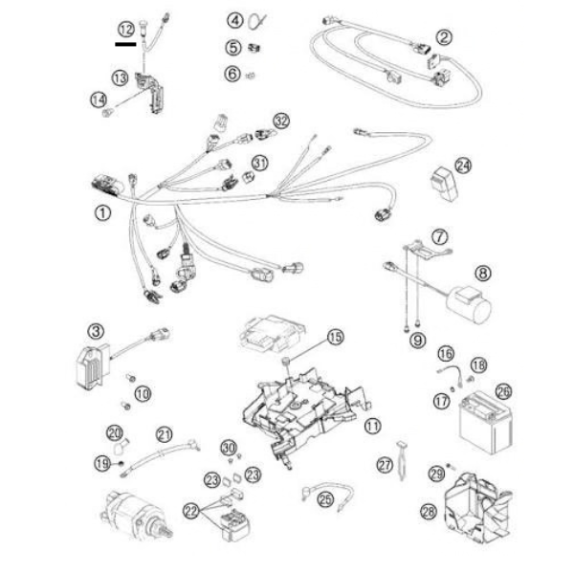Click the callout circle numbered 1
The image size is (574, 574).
click(103, 212)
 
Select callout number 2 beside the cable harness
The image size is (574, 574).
click(444, 37)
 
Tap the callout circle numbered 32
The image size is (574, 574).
click(281, 121)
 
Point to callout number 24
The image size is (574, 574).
click(463, 166)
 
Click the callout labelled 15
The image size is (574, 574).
click(336, 337)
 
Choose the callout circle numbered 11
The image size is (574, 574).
click(373, 426)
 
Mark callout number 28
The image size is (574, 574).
click(429, 512)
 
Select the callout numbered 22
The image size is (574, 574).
click(191, 512)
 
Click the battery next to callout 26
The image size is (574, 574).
click(486, 424)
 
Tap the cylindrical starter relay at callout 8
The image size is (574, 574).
click(469, 304)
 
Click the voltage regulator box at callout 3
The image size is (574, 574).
click(93, 367)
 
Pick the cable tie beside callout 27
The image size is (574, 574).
click(401, 460)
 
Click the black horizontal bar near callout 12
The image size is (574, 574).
click(125, 44)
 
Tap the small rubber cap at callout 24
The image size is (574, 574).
click(445, 184)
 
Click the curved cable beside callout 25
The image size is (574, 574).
click(327, 492)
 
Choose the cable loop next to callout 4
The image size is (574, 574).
click(257, 21)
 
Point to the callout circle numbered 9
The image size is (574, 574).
click(418, 341)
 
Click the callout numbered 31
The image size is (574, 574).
click(260, 163)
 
